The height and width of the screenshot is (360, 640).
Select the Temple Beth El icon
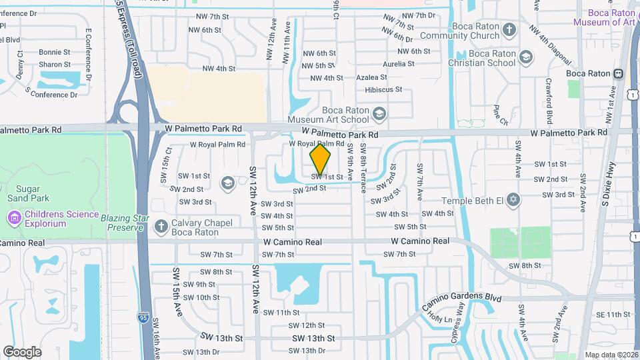(513, 199)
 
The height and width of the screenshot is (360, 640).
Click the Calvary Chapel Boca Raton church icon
(160, 226)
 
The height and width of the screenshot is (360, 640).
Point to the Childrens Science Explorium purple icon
(13, 218)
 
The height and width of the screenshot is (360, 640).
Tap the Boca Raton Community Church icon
(509, 30)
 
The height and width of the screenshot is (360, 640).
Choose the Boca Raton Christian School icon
(526, 57)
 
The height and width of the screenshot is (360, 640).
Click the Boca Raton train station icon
(619, 73)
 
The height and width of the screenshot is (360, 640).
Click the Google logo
(22, 351)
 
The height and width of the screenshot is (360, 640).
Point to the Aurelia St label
(398, 64)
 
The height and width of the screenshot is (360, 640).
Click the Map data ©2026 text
(611, 355)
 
